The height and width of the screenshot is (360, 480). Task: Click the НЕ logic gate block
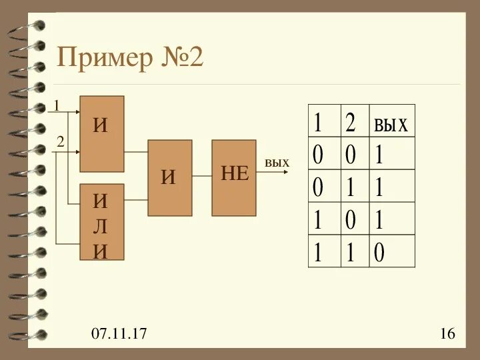tap(234, 177)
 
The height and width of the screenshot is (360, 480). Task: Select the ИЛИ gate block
tap(102, 221)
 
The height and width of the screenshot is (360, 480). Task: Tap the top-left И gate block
tap(102, 133)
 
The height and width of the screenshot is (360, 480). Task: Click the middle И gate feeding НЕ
tap(169, 177)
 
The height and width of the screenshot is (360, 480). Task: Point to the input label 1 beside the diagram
tap(57, 105)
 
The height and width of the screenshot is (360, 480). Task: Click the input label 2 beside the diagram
tap(59, 141)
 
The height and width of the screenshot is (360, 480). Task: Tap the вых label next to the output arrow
tap(277, 163)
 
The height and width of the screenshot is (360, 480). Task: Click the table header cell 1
tap(319, 123)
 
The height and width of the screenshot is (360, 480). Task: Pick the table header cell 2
tap(351, 123)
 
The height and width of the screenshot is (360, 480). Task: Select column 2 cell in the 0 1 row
tap(350, 187)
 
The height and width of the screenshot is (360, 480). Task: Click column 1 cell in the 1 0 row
tap(319, 220)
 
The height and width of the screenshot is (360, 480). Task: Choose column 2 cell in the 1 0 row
tap(350, 220)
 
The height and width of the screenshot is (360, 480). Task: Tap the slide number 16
tap(447, 333)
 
